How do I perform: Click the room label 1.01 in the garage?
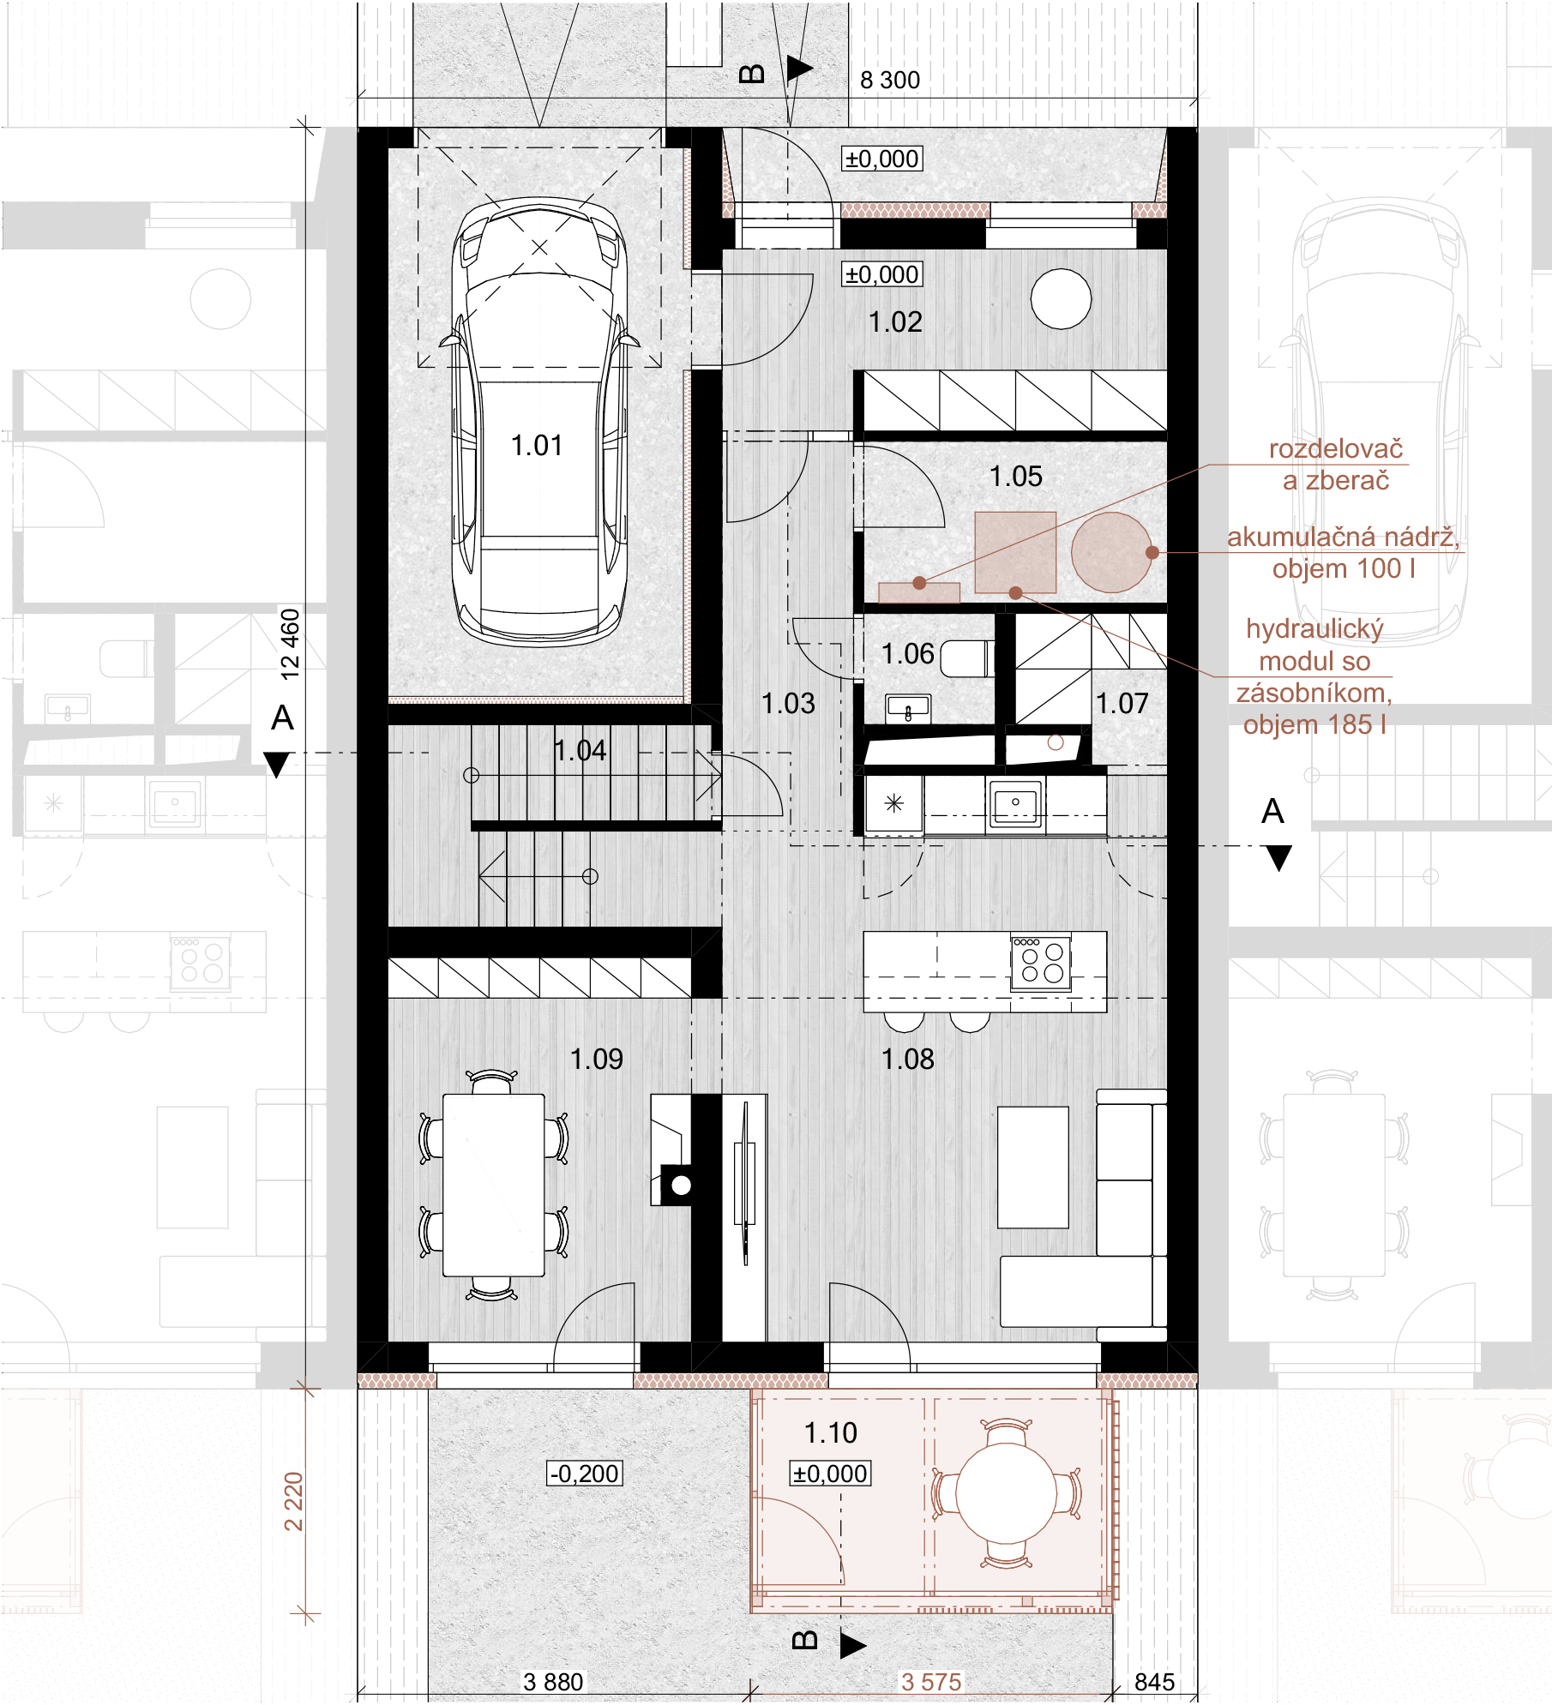click(x=537, y=446)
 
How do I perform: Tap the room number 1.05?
click(x=1015, y=477)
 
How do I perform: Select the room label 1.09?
click(x=597, y=1060)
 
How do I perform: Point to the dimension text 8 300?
click(x=890, y=81)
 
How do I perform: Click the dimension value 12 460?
click(x=291, y=645)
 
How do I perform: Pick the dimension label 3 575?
click(x=931, y=1682)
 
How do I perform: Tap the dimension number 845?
click(x=1154, y=1682)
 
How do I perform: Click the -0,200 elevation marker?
click(x=585, y=1474)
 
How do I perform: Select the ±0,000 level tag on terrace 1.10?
click(x=830, y=1474)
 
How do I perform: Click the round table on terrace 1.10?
click(x=1007, y=1492)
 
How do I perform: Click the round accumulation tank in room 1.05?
click(x=1111, y=552)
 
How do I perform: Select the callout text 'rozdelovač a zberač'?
click(x=1336, y=465)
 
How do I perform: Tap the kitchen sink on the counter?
click(x=1015, y=805)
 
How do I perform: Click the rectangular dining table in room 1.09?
click(x=494, y=1185)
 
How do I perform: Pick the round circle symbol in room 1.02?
click(x=1061, y=298)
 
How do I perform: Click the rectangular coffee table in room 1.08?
click(x=1033, y=1168)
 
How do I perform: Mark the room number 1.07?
click(x=1122, y=704)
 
